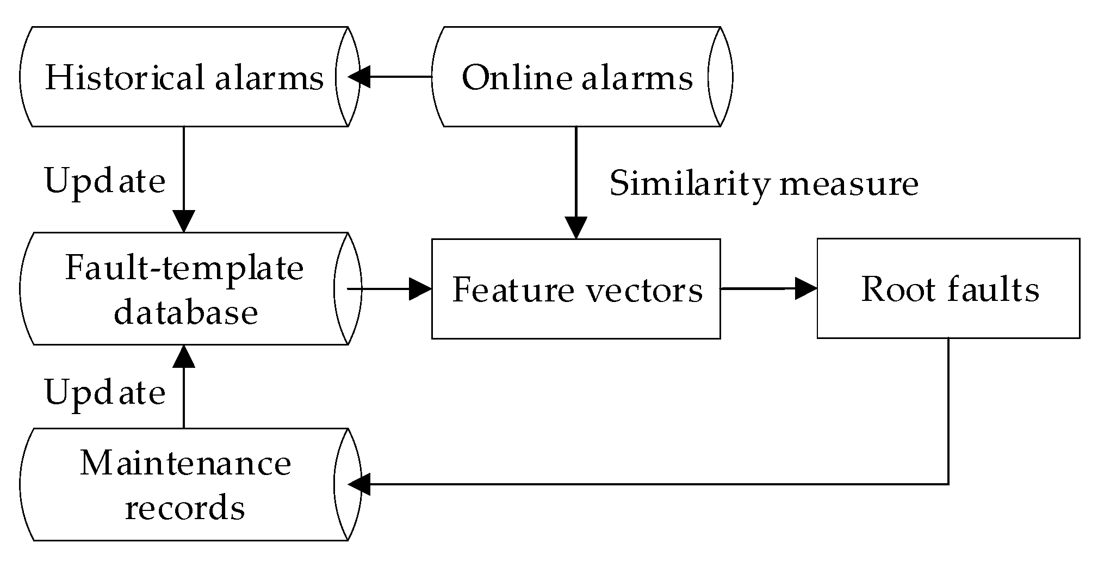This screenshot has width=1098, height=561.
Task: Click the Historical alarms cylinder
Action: [x=184, y=77]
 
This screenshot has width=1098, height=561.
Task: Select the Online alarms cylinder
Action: [x=576, y=77]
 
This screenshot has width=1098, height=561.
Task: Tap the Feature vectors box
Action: [x=576, y=289]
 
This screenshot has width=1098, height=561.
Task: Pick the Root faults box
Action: [x=948, y=288]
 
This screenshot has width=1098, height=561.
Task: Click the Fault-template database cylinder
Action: [x=184, y=289]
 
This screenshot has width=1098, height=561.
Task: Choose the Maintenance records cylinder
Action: [x=184, y=484]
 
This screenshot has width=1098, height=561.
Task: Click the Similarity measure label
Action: [x=764, y=183]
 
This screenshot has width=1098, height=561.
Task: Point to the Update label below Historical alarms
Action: [x=105, y=181]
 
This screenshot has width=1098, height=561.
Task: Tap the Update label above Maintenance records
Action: [x=105, y=393]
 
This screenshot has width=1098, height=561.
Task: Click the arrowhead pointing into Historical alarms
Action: [x=359, y=77]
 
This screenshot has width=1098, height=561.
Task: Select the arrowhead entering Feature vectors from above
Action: [x=576, y=227]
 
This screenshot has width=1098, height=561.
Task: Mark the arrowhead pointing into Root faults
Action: [x=806, y=288]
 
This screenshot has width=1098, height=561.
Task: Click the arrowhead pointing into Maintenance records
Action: [x=359, y=484]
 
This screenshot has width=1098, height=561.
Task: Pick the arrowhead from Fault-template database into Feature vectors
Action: [x=420, y=289]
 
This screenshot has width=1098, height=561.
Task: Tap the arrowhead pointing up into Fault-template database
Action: [x=184, y=356]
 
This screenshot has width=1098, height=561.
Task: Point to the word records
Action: [x=185, y=508]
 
